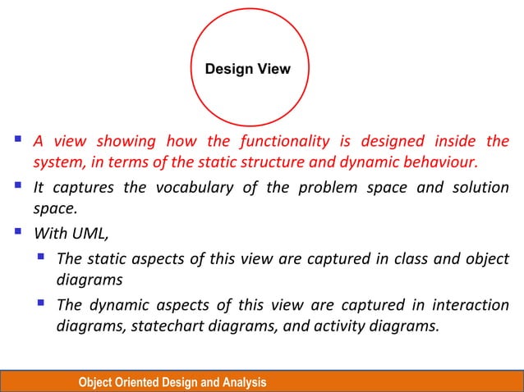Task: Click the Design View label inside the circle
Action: coord(247,69)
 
